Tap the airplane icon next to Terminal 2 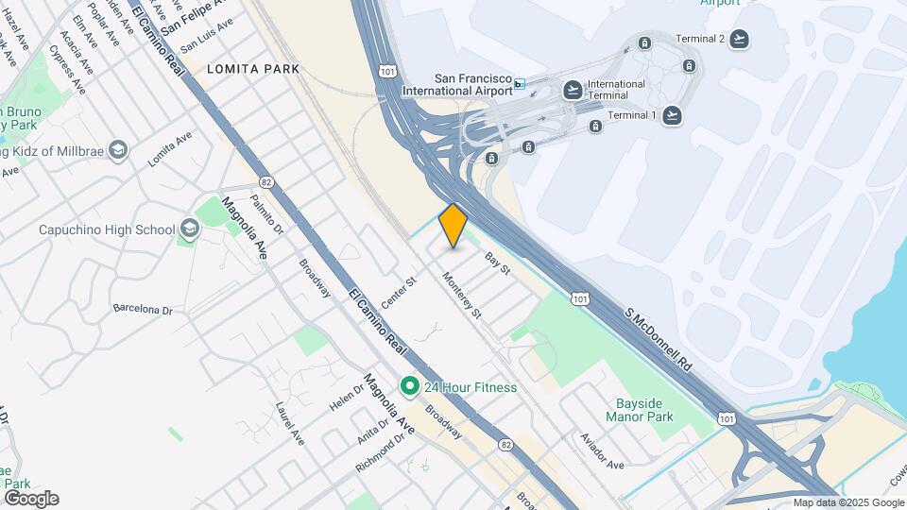tap(739, 39)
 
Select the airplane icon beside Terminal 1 tap(672, 115)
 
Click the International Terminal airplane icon tap(573, 90)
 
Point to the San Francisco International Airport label tap(457, 85)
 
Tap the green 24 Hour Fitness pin tap(409, 386)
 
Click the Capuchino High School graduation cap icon tap(190, 229)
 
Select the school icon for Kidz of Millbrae tap(118, 149)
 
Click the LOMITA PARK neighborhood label tap(252, 69)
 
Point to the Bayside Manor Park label tap(638, 410)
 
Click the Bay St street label tap(497, 263)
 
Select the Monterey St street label tap(463, 294)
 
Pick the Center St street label tap(399, 293)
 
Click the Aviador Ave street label tap(603, 451)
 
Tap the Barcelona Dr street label tap(143, 309)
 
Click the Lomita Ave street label tap(170, 149)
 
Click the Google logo tap(31, 499)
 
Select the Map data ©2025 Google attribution tap(848, 502)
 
